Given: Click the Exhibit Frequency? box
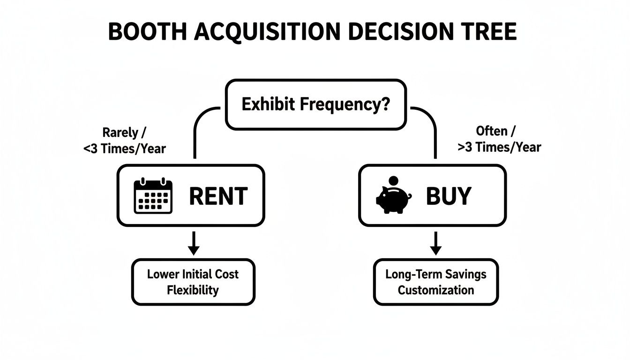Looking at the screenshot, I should [x=315, y=104].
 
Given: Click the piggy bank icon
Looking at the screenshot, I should [x=393, y=198].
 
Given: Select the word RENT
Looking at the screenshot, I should [x=218, y=196].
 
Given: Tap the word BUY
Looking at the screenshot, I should [x=448, y=196].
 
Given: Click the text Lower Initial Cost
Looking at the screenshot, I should [x=193, y=274].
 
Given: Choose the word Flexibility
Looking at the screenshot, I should [x=193, y=290].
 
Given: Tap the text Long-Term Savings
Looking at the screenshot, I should [x=436, y=274].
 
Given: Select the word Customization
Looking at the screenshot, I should [x=436, y=290].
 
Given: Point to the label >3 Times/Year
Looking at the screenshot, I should [x=499, y=147].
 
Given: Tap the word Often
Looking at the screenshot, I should [x=492, y=131].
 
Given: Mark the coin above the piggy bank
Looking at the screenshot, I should [x=394, y=180].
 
